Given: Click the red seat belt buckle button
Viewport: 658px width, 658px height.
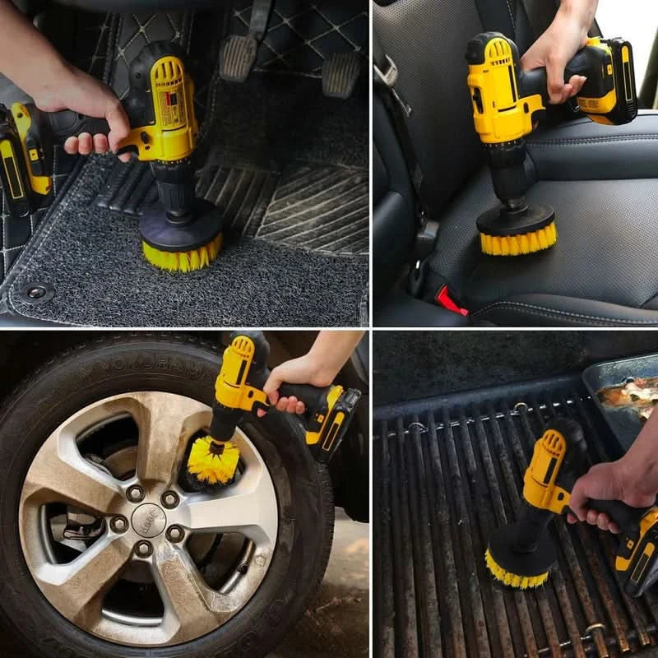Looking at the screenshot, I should click(x=451, y=302).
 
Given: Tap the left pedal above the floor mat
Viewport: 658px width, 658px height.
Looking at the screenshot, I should click(x=239, y=57).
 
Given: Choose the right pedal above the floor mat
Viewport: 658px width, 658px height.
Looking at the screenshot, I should click(x=341, y=74).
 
